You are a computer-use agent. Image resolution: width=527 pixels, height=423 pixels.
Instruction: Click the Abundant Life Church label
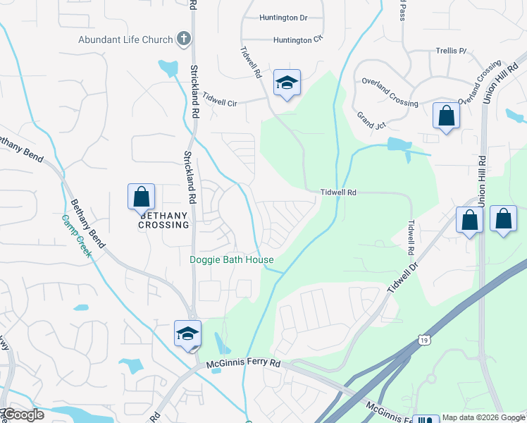tap(125, 39)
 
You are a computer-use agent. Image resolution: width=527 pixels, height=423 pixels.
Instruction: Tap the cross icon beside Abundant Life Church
tap(183, 39)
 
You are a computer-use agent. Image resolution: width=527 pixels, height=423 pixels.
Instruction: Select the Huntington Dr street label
tap(283, 17)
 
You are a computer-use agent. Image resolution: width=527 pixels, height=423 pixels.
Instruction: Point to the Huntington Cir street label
tap(283, 40)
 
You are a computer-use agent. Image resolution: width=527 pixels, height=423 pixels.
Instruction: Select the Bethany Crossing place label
tap(163, 220)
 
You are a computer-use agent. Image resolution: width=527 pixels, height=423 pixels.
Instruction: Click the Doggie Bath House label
tap(232, 260)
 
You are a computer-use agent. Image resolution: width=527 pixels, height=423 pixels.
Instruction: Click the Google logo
tap(24, 415)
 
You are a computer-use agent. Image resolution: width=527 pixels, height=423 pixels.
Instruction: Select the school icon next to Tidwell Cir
tap(287, 83)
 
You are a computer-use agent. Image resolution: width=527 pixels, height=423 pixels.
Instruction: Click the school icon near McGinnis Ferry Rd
tap(187, 333)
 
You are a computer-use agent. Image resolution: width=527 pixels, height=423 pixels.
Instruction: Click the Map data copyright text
tap(483, 417)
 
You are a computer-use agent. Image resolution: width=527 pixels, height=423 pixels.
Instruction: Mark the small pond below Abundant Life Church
tap(169, 68)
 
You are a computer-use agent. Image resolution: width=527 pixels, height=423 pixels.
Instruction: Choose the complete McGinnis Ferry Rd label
tap(244, 364)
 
